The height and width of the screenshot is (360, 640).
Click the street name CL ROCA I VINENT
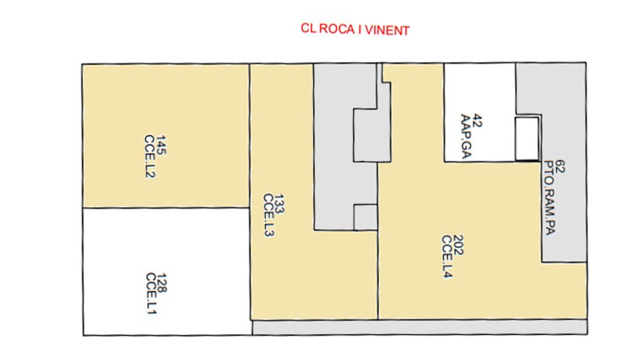(355, 29)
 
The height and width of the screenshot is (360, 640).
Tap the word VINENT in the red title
(387, 31)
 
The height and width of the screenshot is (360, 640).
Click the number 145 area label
(162, 145)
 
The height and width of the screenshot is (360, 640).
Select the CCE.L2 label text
(151, 157)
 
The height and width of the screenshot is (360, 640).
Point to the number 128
(162, 283)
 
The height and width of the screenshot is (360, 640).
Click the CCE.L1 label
(151, 293)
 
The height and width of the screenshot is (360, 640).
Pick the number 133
(279, 204)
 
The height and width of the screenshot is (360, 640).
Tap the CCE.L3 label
(268, 215)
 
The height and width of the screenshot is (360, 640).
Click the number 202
(458, 245)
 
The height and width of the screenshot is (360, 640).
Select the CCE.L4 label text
(447, 256)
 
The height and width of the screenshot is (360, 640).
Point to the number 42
(476, 122)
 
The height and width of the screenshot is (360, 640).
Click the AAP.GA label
(466, 136)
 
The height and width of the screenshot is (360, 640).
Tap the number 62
(560, 166)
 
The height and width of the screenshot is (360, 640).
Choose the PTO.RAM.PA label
(550, 198)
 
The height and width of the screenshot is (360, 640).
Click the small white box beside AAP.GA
(526, 139)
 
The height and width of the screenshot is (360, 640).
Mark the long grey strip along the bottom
(420, 327)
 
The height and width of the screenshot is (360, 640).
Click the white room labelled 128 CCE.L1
(166, 271)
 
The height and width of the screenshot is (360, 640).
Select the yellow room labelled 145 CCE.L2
(165, 136)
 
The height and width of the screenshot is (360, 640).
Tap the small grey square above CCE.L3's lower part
(365, 217)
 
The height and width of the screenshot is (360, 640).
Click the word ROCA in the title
(336, 28)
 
